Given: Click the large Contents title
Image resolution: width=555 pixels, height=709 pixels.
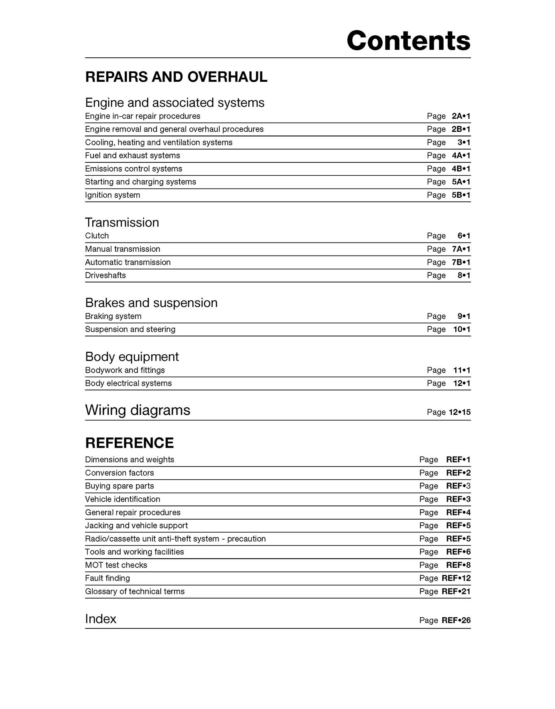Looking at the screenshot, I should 408,41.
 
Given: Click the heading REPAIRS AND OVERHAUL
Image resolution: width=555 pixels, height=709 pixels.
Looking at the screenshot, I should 176,77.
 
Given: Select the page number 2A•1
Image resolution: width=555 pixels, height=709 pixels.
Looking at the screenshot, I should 461,116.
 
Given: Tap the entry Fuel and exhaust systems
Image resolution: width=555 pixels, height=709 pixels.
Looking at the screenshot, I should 133,156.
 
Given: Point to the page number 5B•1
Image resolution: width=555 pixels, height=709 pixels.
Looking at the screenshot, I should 461,195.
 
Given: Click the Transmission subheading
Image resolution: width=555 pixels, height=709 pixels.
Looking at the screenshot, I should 122,223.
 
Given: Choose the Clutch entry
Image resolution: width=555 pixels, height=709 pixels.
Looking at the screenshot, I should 97,236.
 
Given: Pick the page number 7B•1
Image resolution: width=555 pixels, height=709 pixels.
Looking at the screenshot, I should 461,263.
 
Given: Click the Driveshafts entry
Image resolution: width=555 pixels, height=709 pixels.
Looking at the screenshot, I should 105,275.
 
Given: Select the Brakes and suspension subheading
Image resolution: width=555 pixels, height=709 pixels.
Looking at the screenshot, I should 151,303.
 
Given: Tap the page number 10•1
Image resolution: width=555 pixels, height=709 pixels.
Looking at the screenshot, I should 462,329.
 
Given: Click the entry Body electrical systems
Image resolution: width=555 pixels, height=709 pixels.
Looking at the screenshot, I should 128,383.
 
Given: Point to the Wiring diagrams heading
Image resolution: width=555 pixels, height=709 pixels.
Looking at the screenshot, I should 138,410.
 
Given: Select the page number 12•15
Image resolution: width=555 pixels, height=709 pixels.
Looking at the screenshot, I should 459,412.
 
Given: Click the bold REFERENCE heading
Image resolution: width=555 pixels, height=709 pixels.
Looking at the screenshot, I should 129,443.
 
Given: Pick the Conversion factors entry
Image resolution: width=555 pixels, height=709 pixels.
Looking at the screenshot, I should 119,473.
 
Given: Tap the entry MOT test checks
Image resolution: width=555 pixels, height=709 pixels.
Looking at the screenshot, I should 116,565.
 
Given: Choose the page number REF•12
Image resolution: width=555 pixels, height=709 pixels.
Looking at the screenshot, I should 456,578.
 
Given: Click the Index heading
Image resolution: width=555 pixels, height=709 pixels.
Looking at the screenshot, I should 101,619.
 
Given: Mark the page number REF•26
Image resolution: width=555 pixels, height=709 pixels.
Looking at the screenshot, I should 456,621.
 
